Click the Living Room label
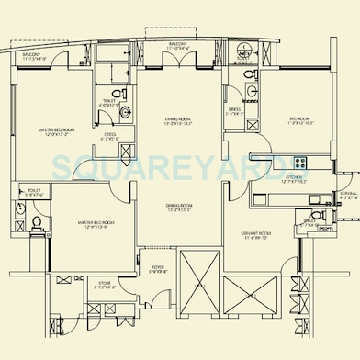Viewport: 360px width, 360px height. tap(177, 121)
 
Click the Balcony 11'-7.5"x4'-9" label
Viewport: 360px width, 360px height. tap(35, 59)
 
